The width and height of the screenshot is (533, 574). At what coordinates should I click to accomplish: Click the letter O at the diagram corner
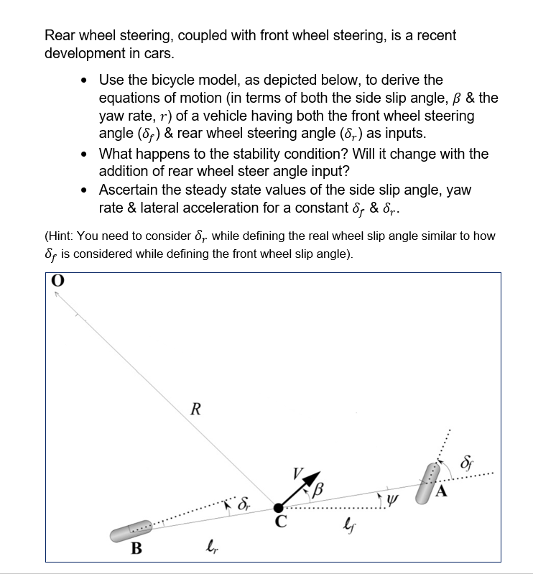pyautogui.click(x=55, y=282)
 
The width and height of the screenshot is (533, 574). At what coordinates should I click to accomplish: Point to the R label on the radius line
pyautogui.click(x=195, y=410)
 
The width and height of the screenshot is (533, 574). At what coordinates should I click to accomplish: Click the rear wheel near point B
pyautogui.click(x=131, y=531)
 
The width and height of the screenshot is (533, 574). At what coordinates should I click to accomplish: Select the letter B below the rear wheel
pyautogui.click(x=134, y=551)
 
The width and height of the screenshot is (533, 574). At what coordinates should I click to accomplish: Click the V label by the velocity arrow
pyautogui.click(x=297, y=473)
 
